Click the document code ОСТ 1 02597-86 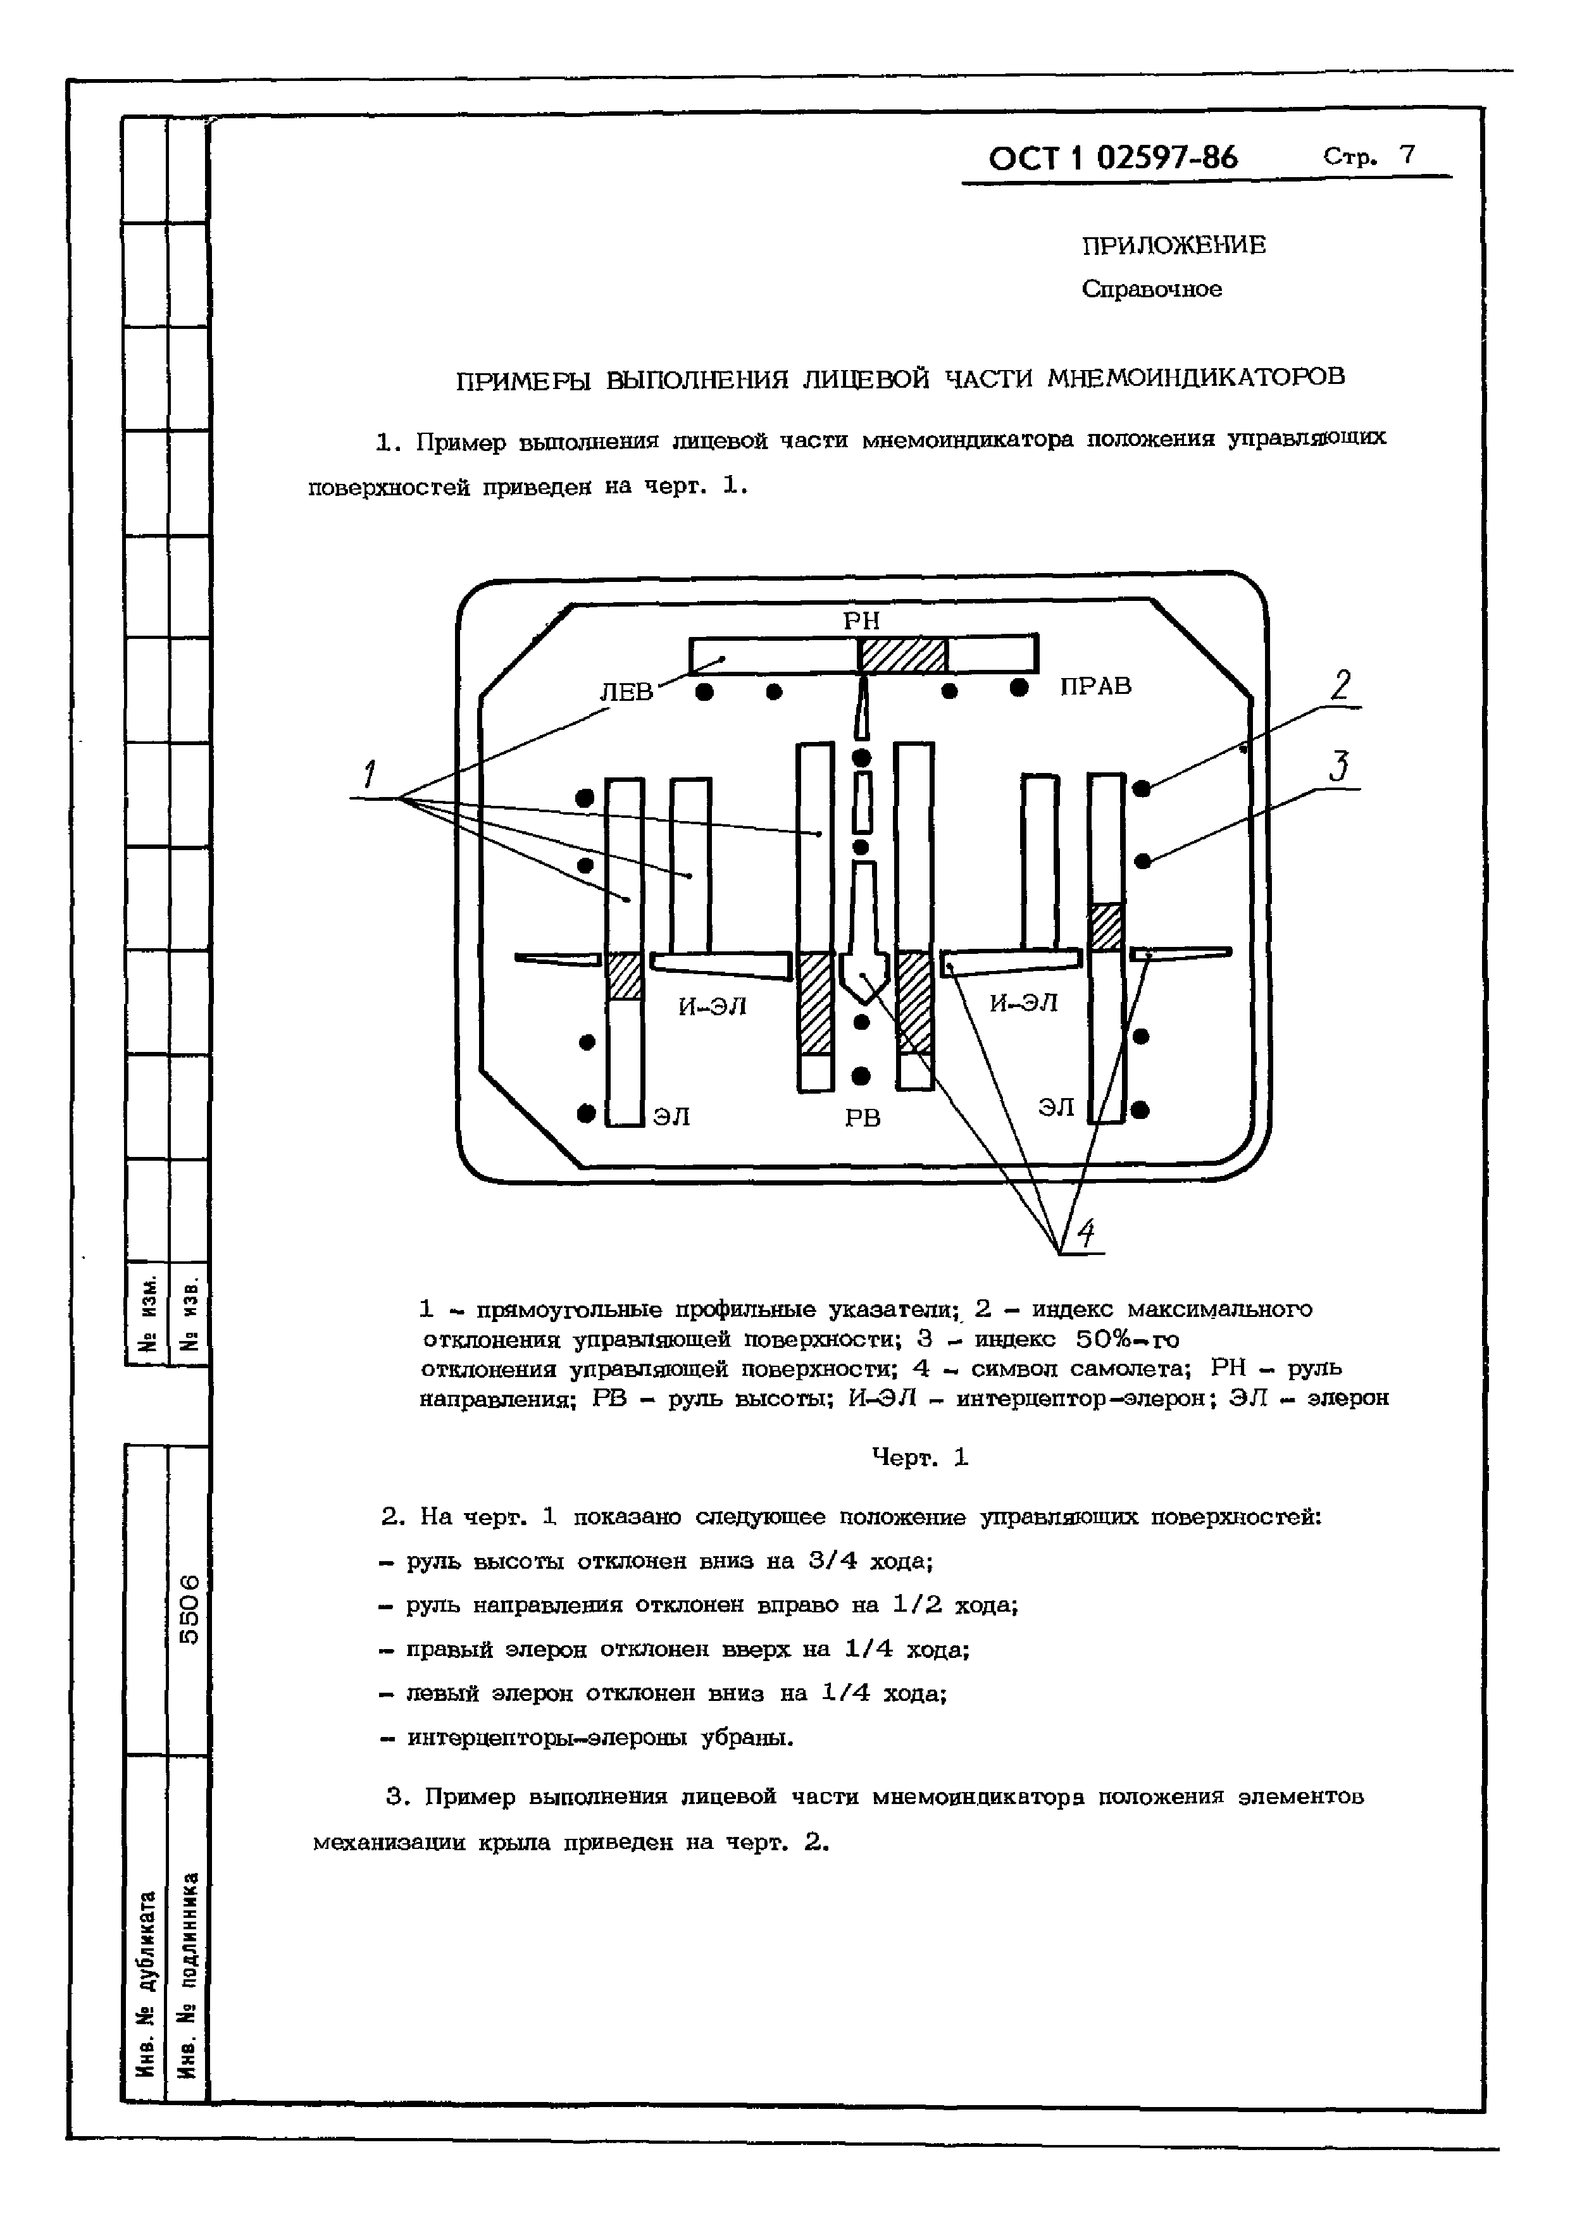tap(1112, 158)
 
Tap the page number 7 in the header tap(1407, 154)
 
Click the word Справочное tap(1152, 289)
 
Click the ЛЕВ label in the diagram tap(626, 692)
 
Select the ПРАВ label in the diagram tap(1095, 686)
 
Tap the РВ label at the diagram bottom tap(863, 1118)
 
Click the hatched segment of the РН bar tap(904, 655)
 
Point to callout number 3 tap(1339, 767)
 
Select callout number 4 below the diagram tap(1086, 1233)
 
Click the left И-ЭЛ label tap(713, 1007)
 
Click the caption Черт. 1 tap(919, 1457)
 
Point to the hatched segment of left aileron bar tap(623, 975)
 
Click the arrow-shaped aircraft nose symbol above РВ tap(863, 976)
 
